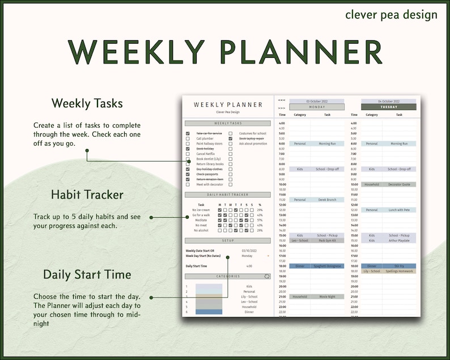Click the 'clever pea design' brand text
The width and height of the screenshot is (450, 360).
[391, 14]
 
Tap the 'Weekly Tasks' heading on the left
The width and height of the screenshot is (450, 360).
[87, 103]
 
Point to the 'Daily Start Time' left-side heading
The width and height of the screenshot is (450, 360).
[87, 274]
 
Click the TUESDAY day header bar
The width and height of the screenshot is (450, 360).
[388, 107]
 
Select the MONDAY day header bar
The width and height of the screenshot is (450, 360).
[317, 107]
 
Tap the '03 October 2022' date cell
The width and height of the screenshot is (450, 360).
[317, 100]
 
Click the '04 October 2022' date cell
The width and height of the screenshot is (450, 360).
[388, 100]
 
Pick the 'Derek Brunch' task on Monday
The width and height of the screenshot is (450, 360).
[327, 200]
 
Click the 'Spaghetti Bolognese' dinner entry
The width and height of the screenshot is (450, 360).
[327, 266]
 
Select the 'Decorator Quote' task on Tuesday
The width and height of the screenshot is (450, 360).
[399, 184]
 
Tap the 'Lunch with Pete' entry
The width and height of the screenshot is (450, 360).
[399, 210]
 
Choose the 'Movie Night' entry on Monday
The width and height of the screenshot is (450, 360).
[327, 297]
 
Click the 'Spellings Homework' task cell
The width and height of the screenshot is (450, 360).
[399, 271]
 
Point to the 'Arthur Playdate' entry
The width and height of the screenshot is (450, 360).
[399, 240]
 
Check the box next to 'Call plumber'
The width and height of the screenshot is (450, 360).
[188, 138]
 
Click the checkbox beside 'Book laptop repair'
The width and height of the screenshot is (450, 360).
[231, 138]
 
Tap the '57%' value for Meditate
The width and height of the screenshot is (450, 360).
[260, 220]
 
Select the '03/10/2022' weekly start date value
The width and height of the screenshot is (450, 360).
[249, 250]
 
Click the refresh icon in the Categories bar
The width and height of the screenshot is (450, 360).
[267, 277]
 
